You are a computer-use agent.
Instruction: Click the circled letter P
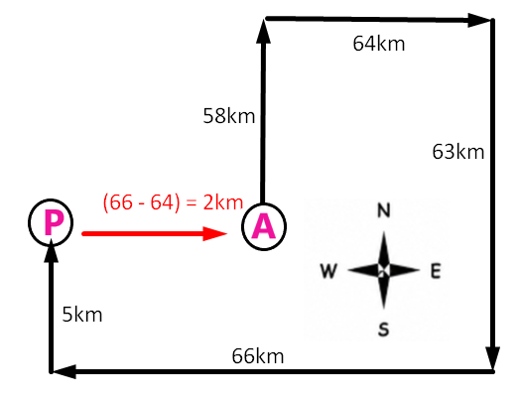pyautogui.click(x=51, y=222)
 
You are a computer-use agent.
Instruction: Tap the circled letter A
pyautogui.click(x=264, y=226)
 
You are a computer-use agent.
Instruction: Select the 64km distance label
pyautogui.click(x=379, y=44)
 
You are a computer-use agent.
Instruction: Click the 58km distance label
pyautogui.click(x=229, y=116)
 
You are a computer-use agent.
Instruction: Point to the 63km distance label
pyautogui.click(x=458, y=152)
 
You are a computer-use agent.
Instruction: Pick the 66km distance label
pyautogui.click(x=258, y=356)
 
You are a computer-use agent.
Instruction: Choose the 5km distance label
pyautogui.click(x=82, y=315)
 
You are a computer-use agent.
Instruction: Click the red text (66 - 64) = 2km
pyautogui.click(x=173, y=202)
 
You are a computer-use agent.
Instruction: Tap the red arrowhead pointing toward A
pyautogui.click(x=215, y=234)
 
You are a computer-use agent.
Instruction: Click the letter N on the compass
pyautogui.click(x=384, y=210)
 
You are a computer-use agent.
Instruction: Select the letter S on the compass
pyautogui.click(x=384, y=330)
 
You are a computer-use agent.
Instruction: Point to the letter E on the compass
pyautogui.click(x=436, y=271)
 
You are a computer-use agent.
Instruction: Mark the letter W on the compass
pyautogui.click(x=328, y=271)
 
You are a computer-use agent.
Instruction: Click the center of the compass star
pyautogui.click(x=384, y=271)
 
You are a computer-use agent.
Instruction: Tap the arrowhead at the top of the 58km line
pyautogui.click(x=263, y=31)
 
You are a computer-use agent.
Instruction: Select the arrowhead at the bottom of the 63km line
pyautogui.click(x=493, y=358)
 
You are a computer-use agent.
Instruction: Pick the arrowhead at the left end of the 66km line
pyautogui.click(x=65, y=371)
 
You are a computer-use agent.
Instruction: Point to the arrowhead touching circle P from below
pyautogui.click(x=51, y=250)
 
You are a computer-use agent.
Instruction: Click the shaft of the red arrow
pyautogui.click(x=143, y=234)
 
